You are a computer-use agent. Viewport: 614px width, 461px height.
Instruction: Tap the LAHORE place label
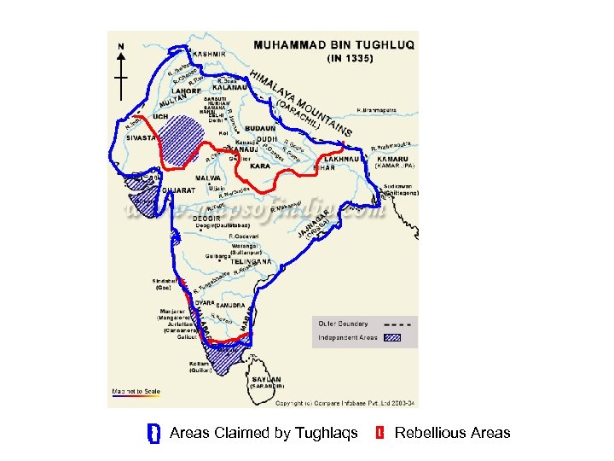(185, 89)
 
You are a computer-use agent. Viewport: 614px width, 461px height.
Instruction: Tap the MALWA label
(209, 178)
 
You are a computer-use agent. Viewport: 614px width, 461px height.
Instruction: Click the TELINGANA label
(252, 262)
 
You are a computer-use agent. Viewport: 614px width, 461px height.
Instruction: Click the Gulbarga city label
(216, 255)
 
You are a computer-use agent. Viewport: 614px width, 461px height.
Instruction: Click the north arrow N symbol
(121, 46)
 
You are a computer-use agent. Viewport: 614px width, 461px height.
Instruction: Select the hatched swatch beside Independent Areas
(399, 337)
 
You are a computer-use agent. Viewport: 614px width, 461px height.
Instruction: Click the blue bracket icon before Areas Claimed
(153, 433)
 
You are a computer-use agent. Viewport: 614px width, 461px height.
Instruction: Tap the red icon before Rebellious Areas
(379, 433)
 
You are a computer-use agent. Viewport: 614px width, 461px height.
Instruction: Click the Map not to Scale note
(136, 391)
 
